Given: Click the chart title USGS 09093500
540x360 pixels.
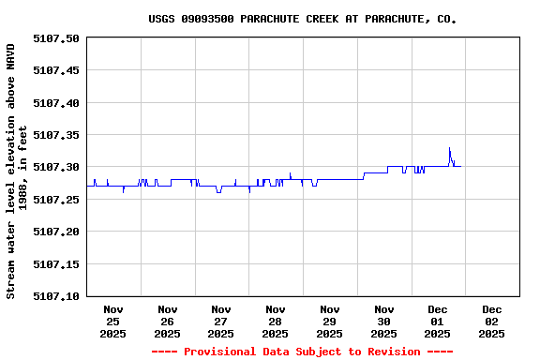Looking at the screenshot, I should coord(303,19).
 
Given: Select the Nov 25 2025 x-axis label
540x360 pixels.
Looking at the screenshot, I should coord(113,321).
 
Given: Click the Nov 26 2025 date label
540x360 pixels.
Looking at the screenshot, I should coord(167,321).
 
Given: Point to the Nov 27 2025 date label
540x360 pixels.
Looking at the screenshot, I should coord(221,321).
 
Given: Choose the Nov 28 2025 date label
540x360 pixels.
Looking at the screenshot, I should coord(276,321).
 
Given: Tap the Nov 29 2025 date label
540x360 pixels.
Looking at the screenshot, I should coord(329,321).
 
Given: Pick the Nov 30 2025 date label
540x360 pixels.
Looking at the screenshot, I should coord(383,321).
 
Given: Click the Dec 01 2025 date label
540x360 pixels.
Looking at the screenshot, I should coord(438,321).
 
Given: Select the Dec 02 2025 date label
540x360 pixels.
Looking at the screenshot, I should coord(491,321).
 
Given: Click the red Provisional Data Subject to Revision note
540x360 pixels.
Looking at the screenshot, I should coord(302,352).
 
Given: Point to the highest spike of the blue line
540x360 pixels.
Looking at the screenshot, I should coord(449,148).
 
